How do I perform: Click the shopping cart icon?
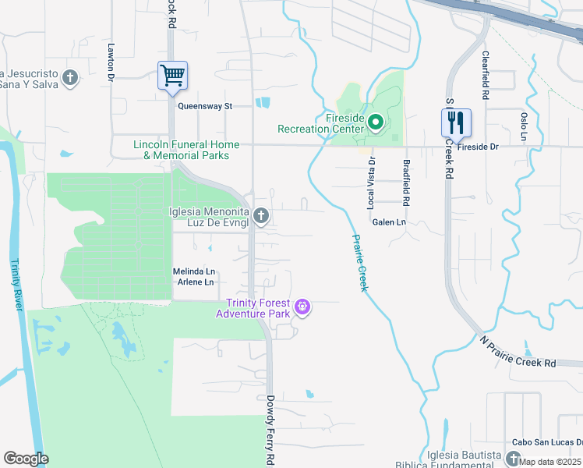172,76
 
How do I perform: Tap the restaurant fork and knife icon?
456,122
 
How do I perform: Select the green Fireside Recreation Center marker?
375,122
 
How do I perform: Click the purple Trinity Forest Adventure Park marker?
303,308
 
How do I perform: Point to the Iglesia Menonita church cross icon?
261,215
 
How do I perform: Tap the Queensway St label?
205,106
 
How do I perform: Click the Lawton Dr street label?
111,62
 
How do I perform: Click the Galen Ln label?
390,222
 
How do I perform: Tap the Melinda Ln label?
193,271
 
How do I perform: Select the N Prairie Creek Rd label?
518,353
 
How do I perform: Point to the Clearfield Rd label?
485,75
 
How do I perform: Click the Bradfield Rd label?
407,183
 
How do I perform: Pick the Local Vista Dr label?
371,183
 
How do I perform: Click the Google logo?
26,459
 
